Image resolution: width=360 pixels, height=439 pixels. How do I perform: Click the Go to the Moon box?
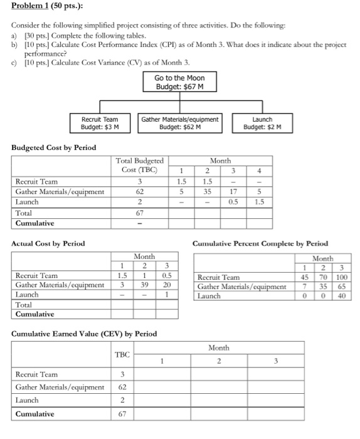coord(180,82)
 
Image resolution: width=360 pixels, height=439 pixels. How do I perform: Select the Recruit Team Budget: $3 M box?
coord(100,122)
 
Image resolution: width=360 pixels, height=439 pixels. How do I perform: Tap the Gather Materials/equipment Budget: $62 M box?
coord(179,122)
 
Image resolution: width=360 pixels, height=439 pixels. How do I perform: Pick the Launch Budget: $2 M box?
coord(262,122)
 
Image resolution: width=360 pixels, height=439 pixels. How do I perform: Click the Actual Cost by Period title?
coord(48,243)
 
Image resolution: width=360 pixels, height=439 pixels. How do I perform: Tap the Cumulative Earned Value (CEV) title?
coord(84,333)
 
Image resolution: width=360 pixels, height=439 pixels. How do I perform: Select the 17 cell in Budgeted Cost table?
coord(233,192)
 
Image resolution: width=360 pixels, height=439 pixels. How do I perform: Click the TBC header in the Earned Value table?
coord(122,354)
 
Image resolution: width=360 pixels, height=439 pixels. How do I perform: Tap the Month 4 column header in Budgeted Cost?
coord(260,171)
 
